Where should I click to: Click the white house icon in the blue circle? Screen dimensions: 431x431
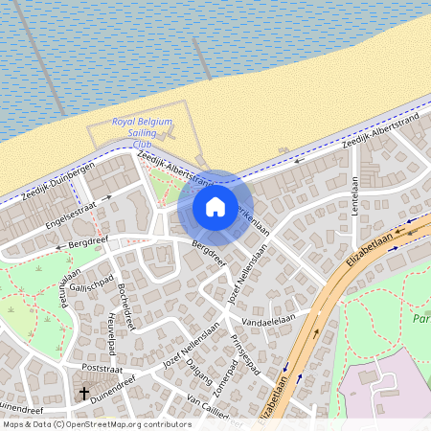coord(215,207)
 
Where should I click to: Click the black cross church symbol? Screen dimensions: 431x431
coord(84,393)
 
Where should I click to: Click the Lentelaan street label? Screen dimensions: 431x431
coord(353,195)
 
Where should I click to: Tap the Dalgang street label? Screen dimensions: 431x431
coord(198,370)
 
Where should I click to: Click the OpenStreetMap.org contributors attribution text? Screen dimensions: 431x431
coord(125,424)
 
